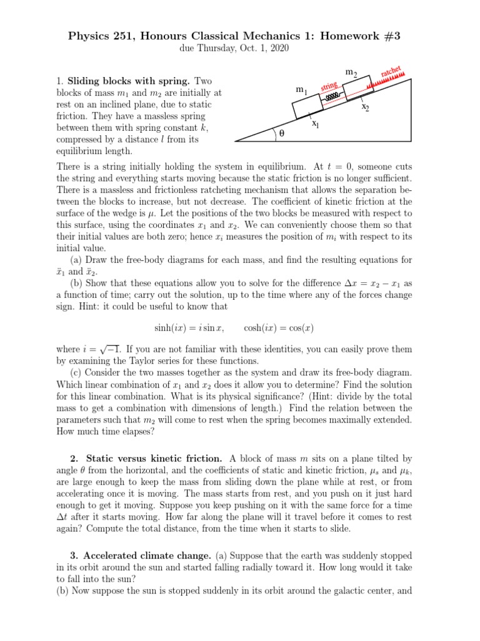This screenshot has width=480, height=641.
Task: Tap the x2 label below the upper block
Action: tap(365, 107)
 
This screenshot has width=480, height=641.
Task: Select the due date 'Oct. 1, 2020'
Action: tap(264, 49)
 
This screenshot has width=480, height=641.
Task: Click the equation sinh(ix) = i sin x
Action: tap(188, 328)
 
